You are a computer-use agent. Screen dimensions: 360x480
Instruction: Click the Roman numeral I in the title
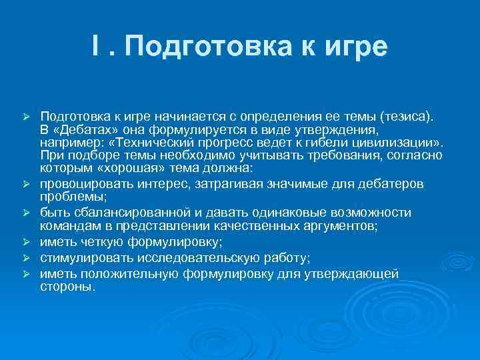[x=97, y=47]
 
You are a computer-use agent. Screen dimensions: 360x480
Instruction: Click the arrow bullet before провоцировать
[x=26, y=183]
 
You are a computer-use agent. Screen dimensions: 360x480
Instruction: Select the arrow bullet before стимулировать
[x=26, y=257]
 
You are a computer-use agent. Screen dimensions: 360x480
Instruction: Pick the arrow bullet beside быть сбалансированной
[x=26, y=213]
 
